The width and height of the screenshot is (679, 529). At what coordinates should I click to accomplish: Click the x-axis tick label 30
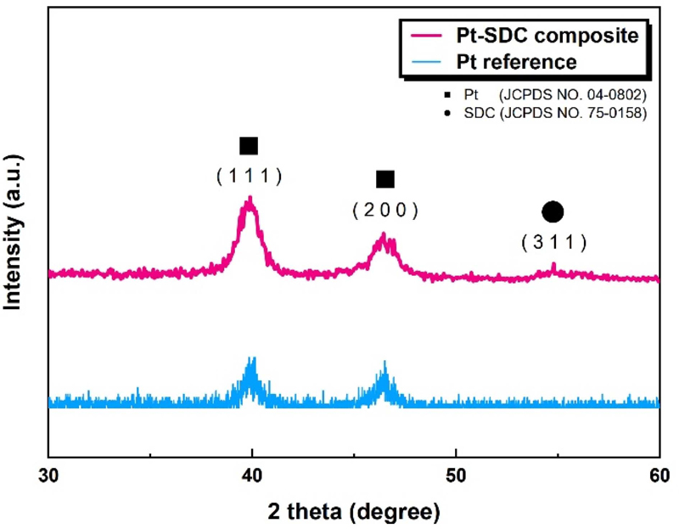(x=48, y=471)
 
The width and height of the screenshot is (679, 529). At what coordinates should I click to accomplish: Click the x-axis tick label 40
(x=252, y=471)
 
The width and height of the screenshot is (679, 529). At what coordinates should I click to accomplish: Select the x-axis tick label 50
(x=456, y=471)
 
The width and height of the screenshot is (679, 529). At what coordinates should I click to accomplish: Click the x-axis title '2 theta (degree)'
(x=354, y=512)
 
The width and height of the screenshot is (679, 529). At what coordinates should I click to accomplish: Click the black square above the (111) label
(x=249, y=146)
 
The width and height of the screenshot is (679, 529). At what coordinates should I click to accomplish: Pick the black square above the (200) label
(x=385, y=179)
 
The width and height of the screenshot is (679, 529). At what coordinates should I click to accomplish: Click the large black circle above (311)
(x=553, y=212)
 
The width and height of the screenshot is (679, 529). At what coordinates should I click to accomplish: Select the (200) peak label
(x=385, y=211)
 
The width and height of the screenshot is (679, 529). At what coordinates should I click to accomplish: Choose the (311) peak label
(x=553, y=242)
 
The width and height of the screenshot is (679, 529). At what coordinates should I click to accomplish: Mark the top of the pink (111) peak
(x=250, y=199)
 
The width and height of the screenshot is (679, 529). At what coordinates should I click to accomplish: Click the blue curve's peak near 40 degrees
(x=252, y=360)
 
